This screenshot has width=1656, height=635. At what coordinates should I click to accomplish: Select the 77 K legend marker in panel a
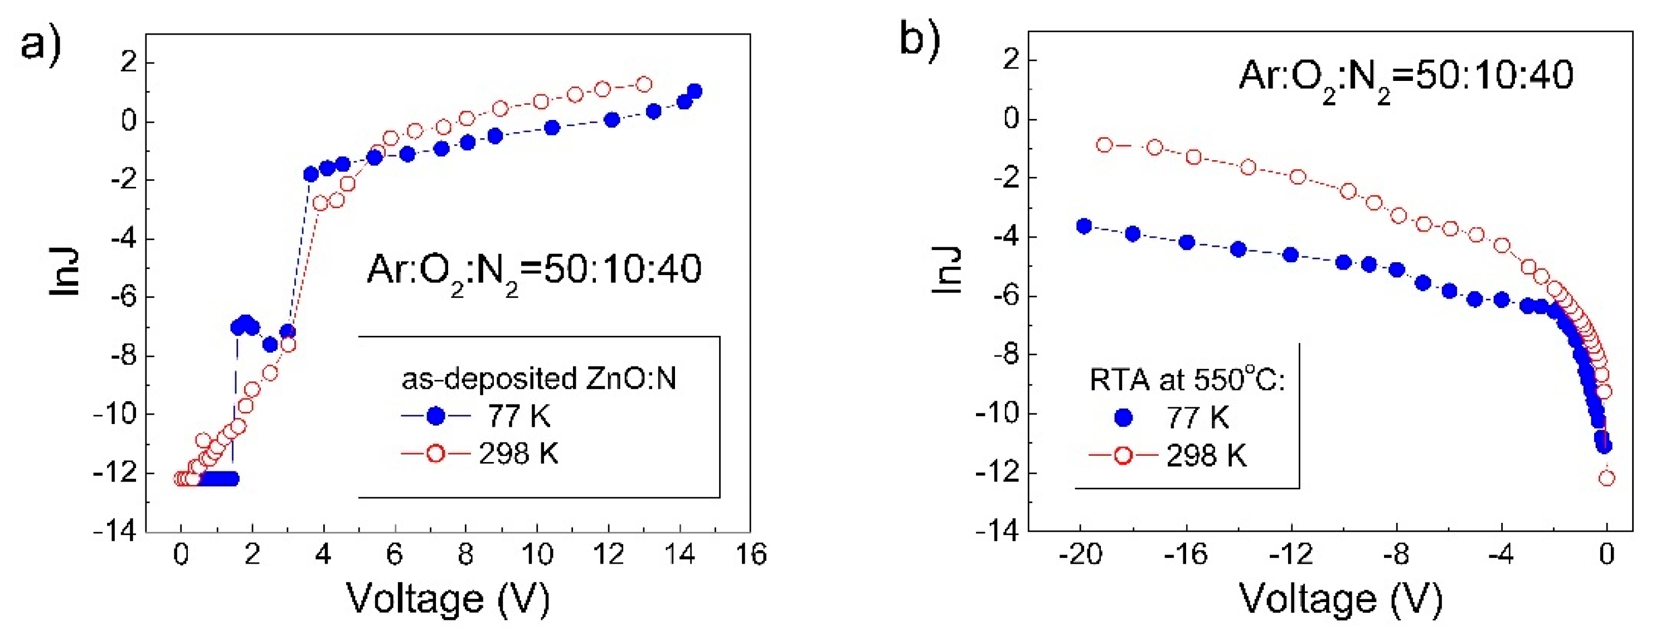436,416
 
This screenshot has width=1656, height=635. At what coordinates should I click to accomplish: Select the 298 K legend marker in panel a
435,454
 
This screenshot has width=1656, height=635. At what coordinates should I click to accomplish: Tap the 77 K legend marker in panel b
1123,418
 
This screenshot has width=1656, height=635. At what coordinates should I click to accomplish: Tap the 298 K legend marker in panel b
1123,455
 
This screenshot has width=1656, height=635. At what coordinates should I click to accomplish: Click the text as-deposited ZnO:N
538,379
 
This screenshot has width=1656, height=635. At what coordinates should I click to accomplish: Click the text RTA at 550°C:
1187,379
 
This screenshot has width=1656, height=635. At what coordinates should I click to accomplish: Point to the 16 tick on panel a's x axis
750,554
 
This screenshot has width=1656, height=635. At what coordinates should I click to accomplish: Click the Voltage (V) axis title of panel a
448,599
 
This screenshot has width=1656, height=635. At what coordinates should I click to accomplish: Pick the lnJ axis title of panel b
946,270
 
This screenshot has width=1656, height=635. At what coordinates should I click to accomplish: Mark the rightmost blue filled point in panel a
695,92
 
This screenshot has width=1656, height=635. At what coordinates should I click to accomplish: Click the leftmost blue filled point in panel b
1085,226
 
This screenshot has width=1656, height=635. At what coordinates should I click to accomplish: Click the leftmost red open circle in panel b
1104,145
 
